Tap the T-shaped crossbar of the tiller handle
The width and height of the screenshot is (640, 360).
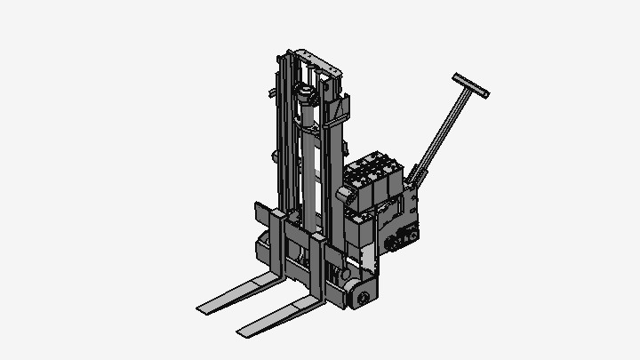[x=471, y=85]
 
